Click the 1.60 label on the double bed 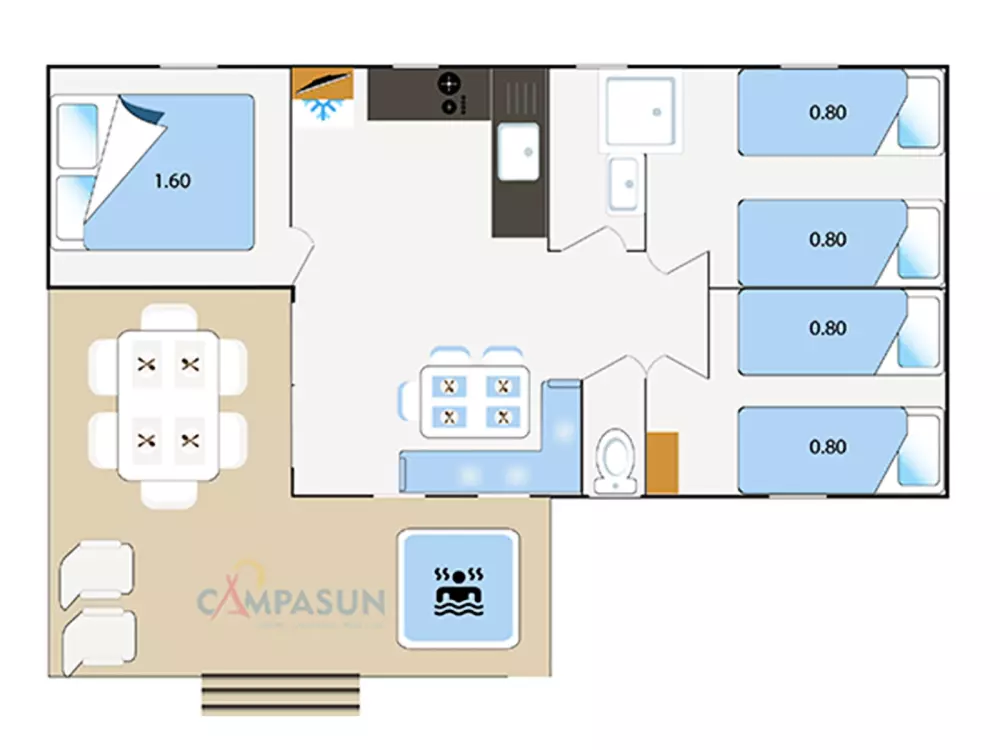[172, 181]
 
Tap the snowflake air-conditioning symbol [323, 110]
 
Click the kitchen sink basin [518, 152]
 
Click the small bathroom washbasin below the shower [625, 183]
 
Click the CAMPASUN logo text [290, 602]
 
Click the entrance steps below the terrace [280, 694]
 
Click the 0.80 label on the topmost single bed [827, 112]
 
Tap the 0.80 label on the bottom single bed [827, 447]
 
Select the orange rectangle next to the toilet [661, 462]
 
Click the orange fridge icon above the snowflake [323, 83]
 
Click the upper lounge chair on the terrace [96, 571]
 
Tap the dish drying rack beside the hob [517, 96]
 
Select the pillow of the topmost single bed [919, 112]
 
